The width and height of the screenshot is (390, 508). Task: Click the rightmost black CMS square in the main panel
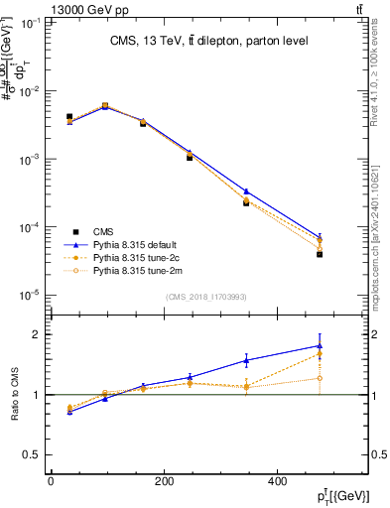[320, 254]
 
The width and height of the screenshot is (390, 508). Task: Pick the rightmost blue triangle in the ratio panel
[320, 345]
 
